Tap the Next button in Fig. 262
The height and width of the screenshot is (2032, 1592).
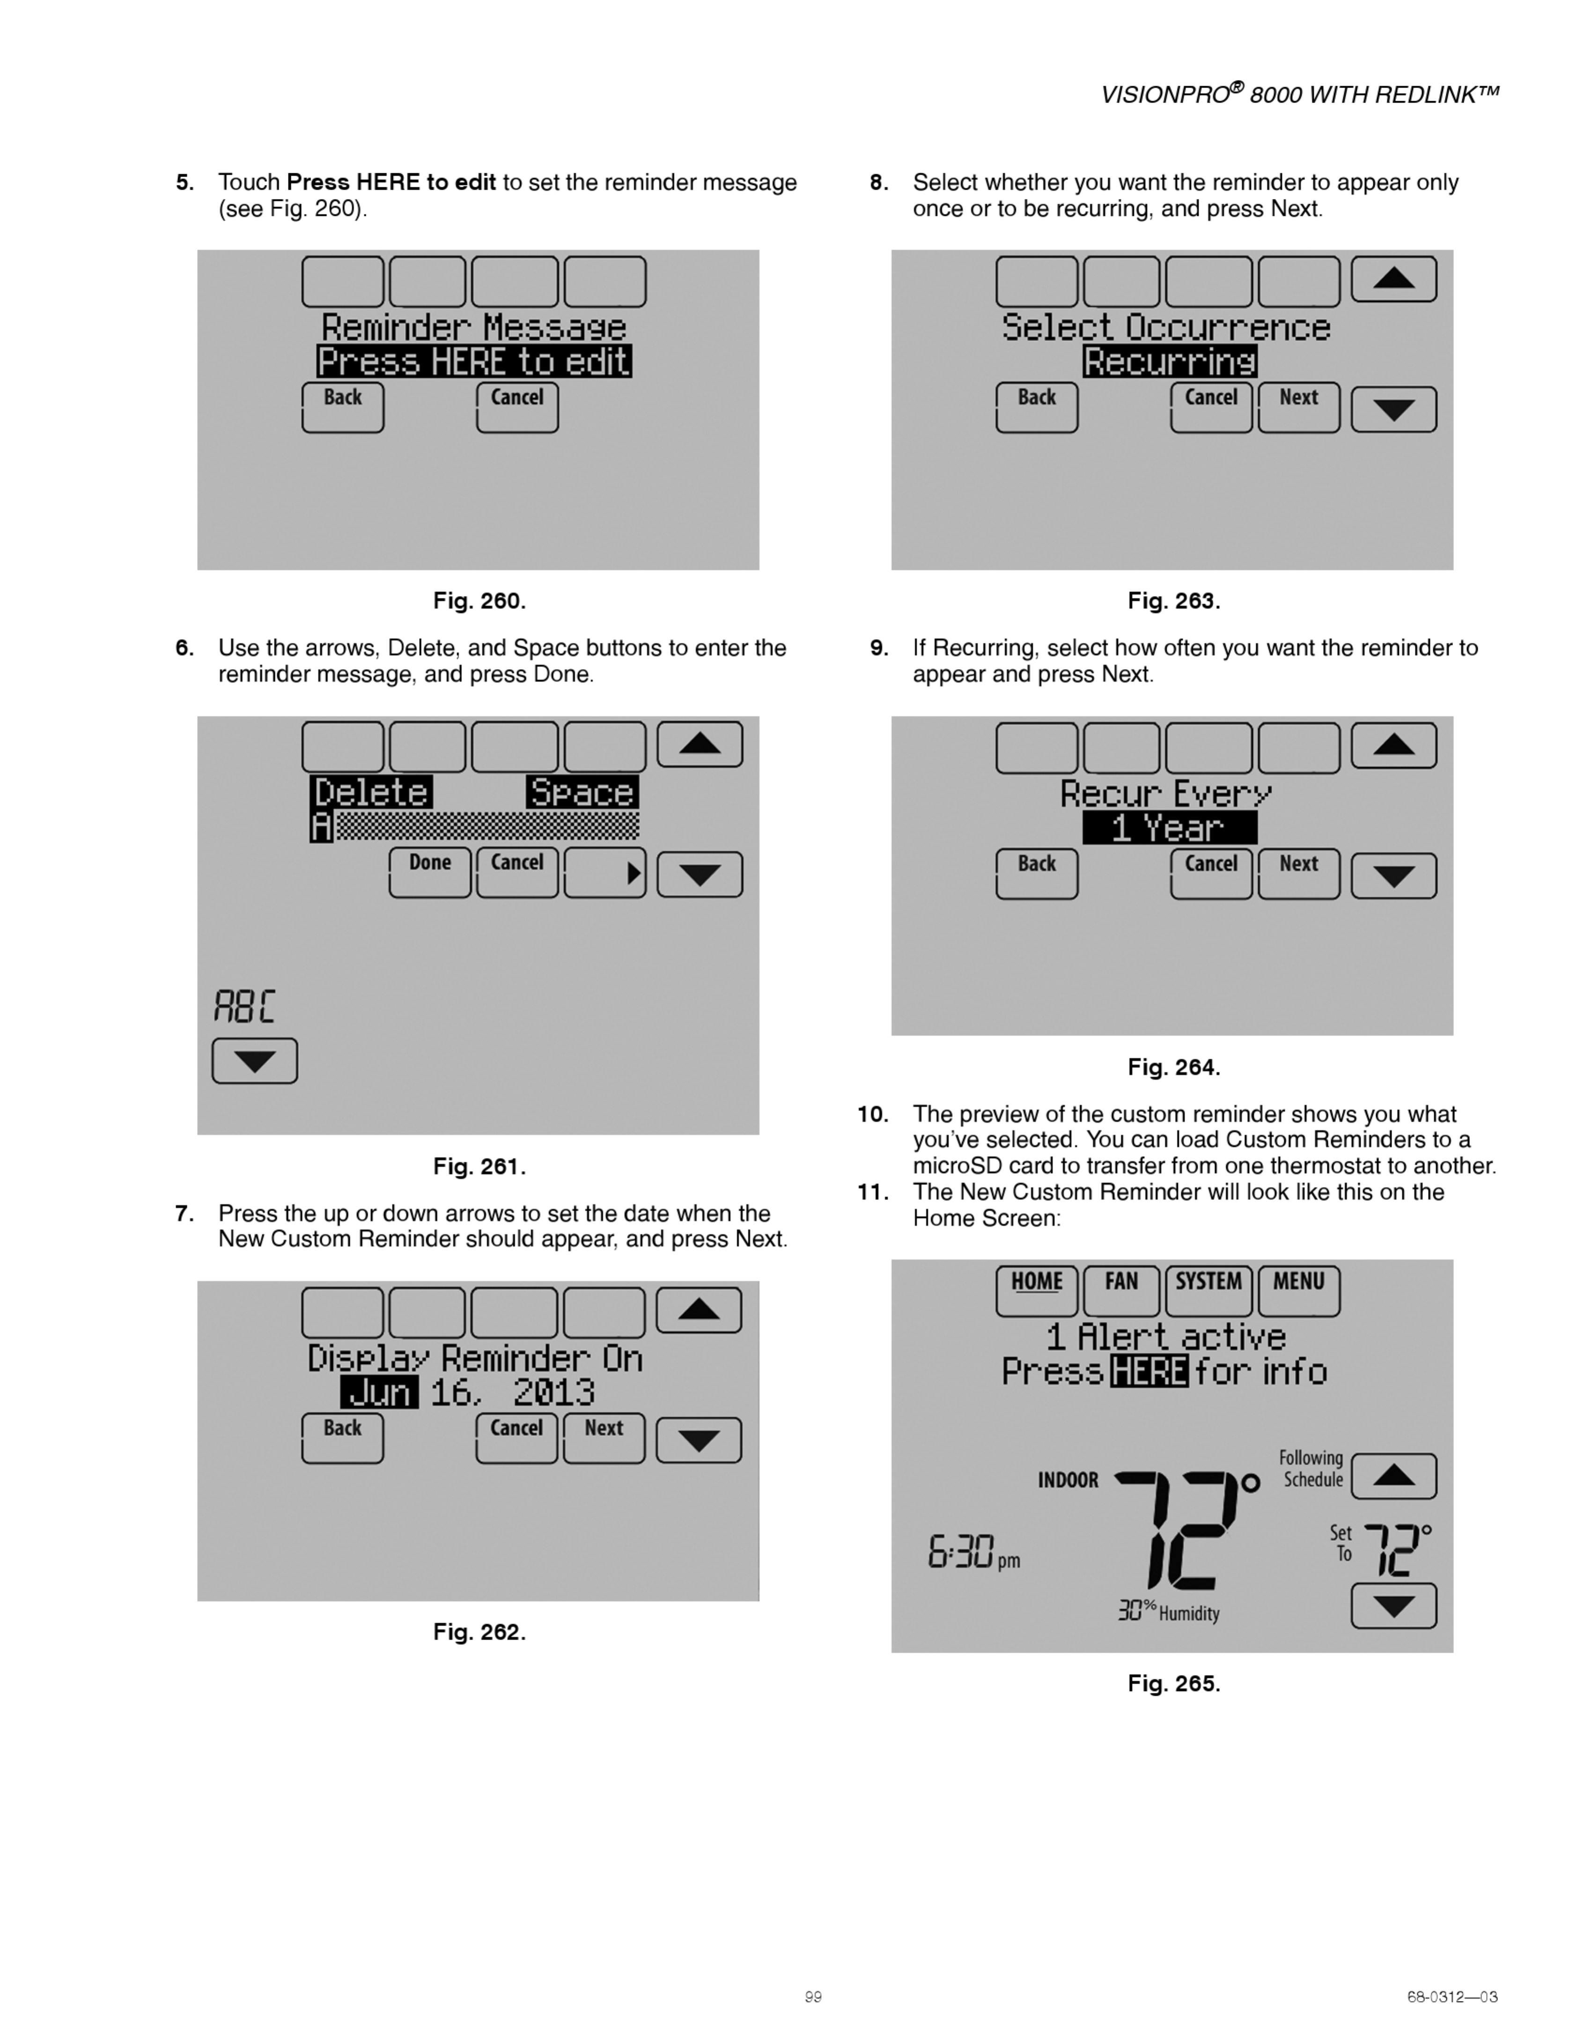(604, 1437)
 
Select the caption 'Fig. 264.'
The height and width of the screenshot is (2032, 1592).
(1173, 1067)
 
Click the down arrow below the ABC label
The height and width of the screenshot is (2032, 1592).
(254, 1061)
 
